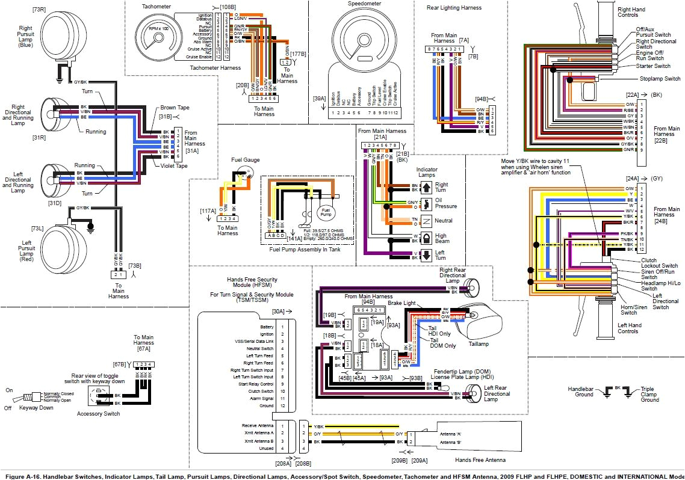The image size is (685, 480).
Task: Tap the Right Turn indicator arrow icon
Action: point(426,187)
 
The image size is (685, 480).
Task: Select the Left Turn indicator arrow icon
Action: point(426,254)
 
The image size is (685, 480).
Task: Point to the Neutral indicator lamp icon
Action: point(426,221)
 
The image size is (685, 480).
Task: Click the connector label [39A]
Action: point(319,98)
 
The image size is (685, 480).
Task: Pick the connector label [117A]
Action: point(208,211)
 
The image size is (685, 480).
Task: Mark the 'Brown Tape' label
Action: point(175,108)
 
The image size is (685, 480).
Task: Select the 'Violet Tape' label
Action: point(175,165)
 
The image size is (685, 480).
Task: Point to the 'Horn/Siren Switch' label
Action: point(629,309)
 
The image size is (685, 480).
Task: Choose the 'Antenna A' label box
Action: point(451,434)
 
